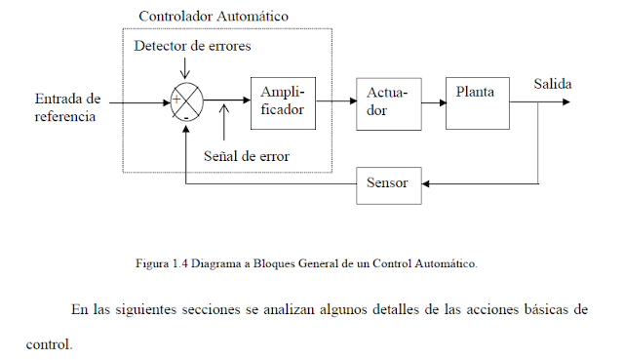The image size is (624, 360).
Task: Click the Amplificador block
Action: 284,101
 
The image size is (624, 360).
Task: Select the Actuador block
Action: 389,102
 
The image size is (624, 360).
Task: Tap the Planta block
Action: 478,101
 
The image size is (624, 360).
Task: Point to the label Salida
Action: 552,85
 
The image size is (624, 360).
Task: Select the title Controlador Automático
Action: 214,17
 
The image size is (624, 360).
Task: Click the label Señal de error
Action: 247,155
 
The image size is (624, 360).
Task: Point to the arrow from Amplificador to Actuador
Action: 337,100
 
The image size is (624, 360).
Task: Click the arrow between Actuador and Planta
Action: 434,100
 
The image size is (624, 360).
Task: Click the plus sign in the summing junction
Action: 175,100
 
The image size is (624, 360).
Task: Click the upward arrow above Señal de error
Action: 226,122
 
